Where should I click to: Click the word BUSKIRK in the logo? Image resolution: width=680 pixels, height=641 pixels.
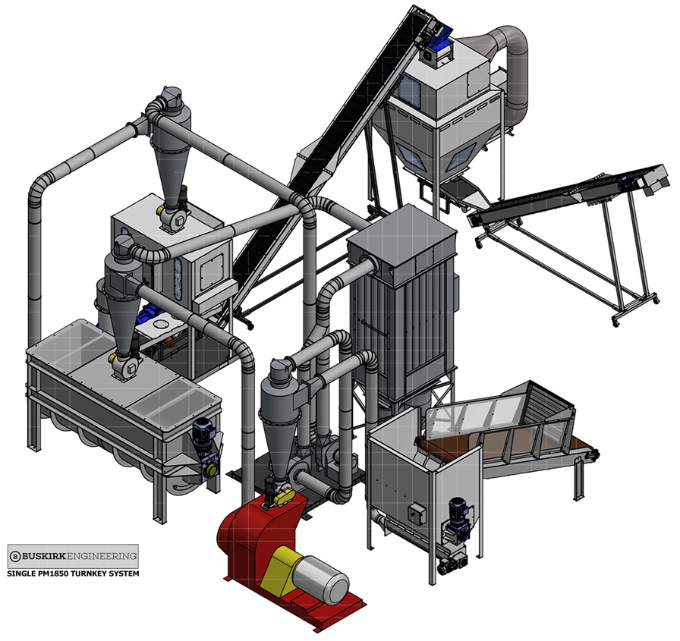click(42, 556)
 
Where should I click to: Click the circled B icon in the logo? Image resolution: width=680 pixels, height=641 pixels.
click(15, 556)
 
